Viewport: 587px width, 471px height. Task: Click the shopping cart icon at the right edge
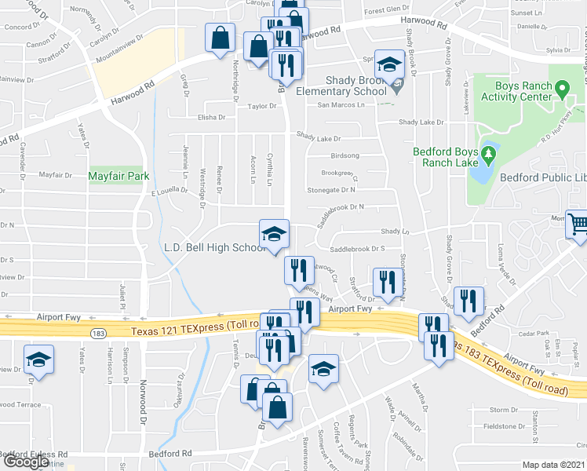coord(577,225)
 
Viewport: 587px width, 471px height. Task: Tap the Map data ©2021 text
coord(553,465)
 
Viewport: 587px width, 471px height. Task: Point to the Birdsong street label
coord(345,155)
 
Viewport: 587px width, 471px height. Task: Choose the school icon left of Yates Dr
coord(37,360)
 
